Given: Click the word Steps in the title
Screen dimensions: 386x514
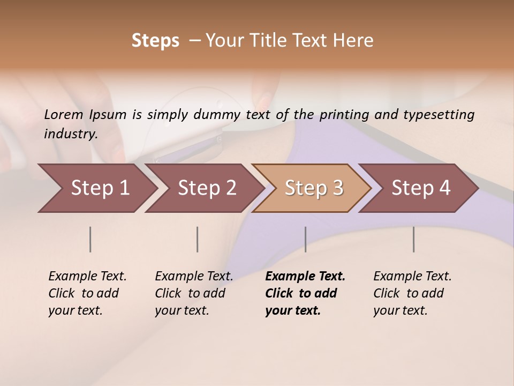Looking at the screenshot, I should point(155,41).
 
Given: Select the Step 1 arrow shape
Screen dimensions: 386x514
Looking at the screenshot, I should point(96,188).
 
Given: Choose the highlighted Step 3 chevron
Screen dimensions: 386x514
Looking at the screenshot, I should point(313,188).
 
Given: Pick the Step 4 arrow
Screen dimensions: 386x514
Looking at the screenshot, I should point(420,188).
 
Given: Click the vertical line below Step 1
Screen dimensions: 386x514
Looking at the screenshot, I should point(90,239).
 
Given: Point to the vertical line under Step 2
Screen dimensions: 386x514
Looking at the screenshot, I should point(198,239).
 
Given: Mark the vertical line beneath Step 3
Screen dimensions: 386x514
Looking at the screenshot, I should point(305,239).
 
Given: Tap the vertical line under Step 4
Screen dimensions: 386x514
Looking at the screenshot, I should point(413,239).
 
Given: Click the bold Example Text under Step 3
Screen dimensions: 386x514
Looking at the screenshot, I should point(305,293).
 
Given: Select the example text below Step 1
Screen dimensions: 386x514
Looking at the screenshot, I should point(87,293).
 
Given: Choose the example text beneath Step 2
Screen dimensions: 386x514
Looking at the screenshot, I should point(194,293).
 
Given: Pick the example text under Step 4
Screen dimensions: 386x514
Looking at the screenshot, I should point(412,293).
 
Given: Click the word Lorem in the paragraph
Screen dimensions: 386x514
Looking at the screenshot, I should point(64,115).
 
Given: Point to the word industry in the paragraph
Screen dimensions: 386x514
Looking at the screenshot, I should point(71,134).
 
